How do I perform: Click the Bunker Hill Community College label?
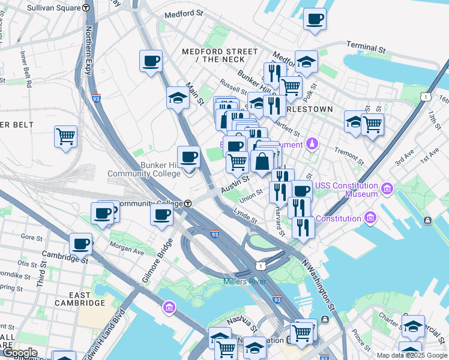tap(144, 169)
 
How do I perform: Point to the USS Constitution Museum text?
tap(347, 190)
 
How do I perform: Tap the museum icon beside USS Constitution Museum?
tap(387, 190)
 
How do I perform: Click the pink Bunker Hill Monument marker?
tap(312, 144)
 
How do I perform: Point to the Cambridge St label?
tap(66, 259)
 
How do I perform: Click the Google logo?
tap(20, 352)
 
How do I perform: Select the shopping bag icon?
tap(262, 161)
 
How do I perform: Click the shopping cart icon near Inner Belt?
tap(65, 136)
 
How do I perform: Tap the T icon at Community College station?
tap(188, 203)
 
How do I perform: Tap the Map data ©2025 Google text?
tap(411, 355)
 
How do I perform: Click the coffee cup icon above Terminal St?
tap(315, 20)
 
